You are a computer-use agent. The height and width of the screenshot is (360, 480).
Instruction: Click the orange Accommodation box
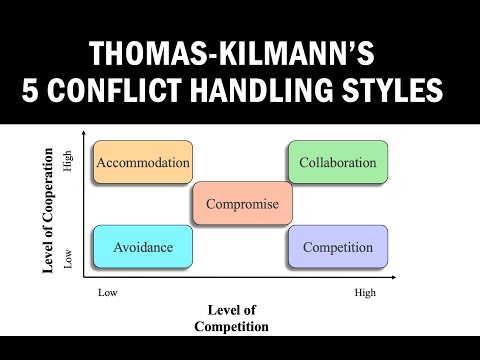(x=141, y=162)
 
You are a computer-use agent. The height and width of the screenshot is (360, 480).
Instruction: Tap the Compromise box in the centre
(x=242, y=205)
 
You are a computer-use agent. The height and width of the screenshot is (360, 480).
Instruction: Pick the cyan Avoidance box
(x=141, y=247)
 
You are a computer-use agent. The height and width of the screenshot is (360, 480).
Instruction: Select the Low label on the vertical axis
(x=69, y=261)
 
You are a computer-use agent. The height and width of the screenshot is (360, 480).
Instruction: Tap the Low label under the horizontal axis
(x=106, y=293)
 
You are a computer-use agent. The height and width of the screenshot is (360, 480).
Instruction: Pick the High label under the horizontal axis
(x=366, y=293)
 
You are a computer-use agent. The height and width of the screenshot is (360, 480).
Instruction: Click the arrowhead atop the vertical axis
(x=86, y=138)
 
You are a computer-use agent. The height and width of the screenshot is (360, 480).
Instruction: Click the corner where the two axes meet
(x=86, y=275)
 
